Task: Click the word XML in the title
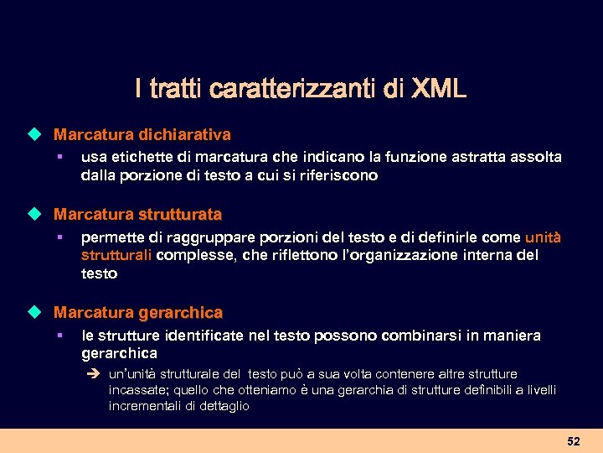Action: (x=439, y=88)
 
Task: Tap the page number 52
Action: (x=573, y=441)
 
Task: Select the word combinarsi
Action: (x=419, y=336)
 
